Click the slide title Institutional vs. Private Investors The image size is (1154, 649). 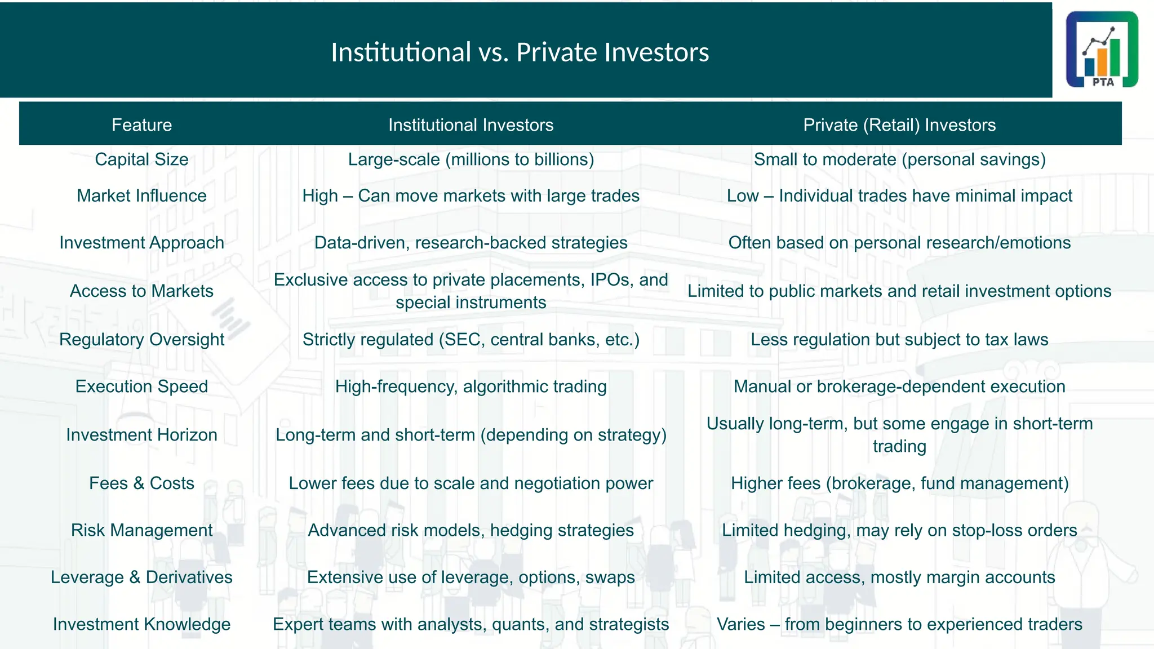(520, 52)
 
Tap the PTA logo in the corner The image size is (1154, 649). (1102, 50)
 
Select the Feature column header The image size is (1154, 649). (141, 125)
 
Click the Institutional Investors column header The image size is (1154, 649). (471, 125)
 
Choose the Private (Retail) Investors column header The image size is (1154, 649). (899, 125)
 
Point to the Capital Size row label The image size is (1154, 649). (141, 159)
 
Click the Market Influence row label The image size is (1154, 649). (141, 195)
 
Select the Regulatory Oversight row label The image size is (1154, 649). (141, 339)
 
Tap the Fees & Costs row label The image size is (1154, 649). (141, 483)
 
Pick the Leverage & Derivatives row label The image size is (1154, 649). (141, 577)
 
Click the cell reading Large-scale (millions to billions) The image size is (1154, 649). (471, 159)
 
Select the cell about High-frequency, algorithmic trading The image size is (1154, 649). (471, 386)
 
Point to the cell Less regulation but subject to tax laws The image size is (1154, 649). (899, 339)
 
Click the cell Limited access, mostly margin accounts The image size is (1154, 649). (899, 577)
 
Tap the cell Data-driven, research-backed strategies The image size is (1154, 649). (471, 243)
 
